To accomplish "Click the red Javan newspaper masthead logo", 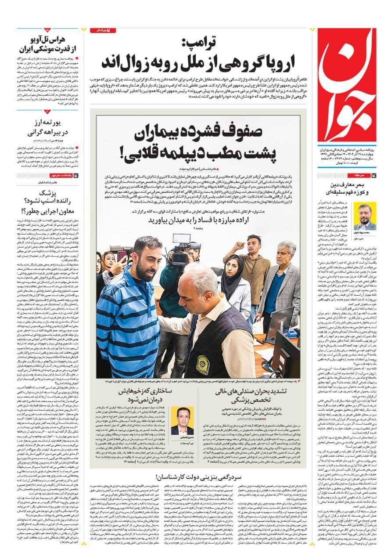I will [348, 86].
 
